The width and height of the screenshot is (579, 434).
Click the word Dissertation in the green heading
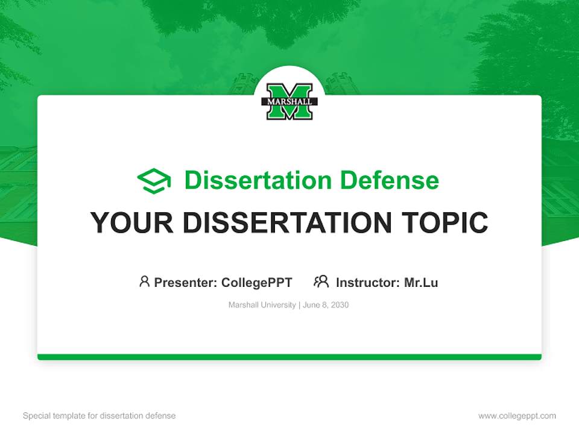click(x=258, y=180)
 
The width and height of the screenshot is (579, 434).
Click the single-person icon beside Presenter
click(x=144, y=281)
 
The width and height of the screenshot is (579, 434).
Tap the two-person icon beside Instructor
click(x=321, y=281)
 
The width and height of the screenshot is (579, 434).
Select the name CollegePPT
click(x=257, y=282)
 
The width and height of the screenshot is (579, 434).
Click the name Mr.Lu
click(x=421, y=282)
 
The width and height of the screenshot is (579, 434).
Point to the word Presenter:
click(x=186, y=282)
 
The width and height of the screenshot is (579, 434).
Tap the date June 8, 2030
click(x=326, y=305)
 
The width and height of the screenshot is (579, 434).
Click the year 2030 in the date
click(x=339, y=305)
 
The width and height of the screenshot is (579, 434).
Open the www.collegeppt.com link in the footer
click(x=517, y=416)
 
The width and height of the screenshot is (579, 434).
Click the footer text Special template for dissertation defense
click(x=99, y=416)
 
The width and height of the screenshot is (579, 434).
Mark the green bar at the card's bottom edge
click(x=289, y=357)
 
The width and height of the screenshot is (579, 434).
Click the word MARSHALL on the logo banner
click(x=289, y=102)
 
